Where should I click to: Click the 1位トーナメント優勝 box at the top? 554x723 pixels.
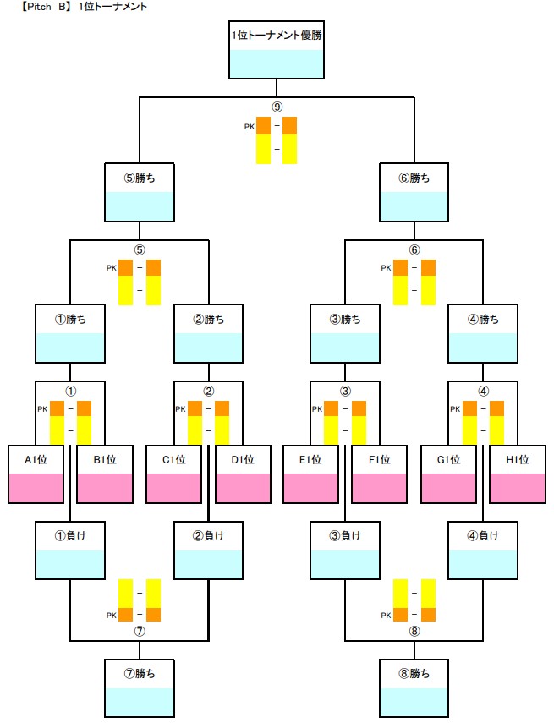click(x=277, y=50)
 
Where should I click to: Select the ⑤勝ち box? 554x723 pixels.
click(x=139, y=192)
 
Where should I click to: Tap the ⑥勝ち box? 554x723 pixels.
click(x=414, y=192)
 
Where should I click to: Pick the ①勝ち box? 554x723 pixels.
click(x=69, y=334)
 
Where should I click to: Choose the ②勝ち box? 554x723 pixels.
click(x=208, y=334)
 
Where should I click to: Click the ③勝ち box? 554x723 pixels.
click(x=345, y=334)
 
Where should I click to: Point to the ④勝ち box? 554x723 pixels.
click(x=483, y=334)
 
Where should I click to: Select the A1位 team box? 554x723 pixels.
click(x=36, y=474)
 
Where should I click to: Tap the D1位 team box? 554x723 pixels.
click(x=243, y=474)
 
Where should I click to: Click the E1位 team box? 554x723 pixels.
click(x=310, y=474)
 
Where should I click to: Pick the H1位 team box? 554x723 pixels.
click(x=518, y=474)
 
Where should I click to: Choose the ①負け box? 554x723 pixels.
click(x=69, y=550)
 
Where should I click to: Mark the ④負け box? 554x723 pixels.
click(x=483, y=550)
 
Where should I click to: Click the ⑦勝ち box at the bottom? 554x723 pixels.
click(x=139, y=687)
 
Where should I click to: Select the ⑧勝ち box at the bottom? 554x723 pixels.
click(x=414, y=687)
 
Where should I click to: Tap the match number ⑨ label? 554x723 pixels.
click(x=277, y=107)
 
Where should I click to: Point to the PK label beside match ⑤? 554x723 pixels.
click(x=111, y=268)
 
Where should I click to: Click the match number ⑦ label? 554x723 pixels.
click(x=139, y=630)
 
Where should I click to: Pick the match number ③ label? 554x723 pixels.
click(x=345, y=392)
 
